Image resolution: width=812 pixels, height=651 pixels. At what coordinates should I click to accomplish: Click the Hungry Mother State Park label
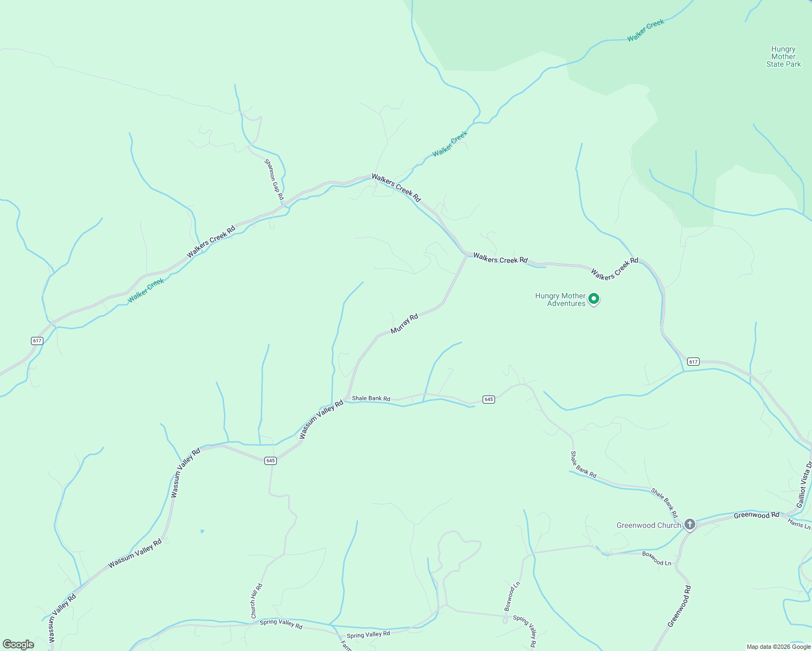(x=783, y=57)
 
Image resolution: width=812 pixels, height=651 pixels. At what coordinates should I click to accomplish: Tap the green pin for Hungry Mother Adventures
(x=594, y=298)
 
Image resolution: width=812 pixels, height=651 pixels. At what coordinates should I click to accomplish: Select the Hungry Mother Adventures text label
(x=560, y=299)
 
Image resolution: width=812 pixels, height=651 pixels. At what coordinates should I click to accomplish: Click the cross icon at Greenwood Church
(x=689, y=524)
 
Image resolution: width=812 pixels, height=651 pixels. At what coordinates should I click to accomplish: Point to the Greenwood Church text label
(x=648, y=525)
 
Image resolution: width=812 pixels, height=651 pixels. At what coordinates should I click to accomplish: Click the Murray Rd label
(x=404, y=324)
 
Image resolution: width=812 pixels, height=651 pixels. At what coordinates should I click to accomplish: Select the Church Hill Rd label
(x=256, y=601)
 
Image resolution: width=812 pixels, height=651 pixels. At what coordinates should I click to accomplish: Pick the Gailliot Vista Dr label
(x=804, y=484)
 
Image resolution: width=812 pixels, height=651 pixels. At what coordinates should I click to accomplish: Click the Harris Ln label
(x=799, y=524)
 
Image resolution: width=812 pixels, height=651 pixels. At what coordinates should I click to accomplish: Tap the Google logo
(x=18, y=644)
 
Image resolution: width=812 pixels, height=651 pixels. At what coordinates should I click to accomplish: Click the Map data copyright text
(x=778, y=647)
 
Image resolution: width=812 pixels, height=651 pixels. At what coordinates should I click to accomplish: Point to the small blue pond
(x=202, y=531)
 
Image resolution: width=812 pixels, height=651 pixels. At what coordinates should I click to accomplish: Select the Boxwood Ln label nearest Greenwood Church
(x=657, y=559)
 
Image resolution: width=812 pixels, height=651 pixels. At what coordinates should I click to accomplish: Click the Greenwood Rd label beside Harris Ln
(x=756, y=515)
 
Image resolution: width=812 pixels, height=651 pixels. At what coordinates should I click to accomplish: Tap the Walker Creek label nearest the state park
(x=645, y=30)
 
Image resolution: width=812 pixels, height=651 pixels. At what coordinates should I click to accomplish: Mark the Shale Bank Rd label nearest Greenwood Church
(x=665, y=503)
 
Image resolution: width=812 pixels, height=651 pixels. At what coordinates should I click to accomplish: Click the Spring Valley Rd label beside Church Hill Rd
(x=281, y=623)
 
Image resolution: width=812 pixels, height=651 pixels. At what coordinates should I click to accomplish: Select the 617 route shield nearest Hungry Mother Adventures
(x=693, y=361)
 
